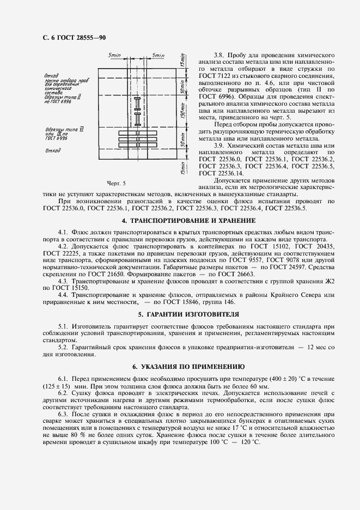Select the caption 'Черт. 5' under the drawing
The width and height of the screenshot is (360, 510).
pos(117,183)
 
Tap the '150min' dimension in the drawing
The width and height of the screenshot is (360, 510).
pos(184,114)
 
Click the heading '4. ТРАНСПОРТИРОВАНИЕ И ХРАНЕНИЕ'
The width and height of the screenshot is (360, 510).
pos(180,221)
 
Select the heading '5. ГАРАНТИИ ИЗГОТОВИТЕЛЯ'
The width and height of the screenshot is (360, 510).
pos(180,315)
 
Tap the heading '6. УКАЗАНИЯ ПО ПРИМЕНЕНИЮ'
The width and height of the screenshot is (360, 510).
pos(180,367)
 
